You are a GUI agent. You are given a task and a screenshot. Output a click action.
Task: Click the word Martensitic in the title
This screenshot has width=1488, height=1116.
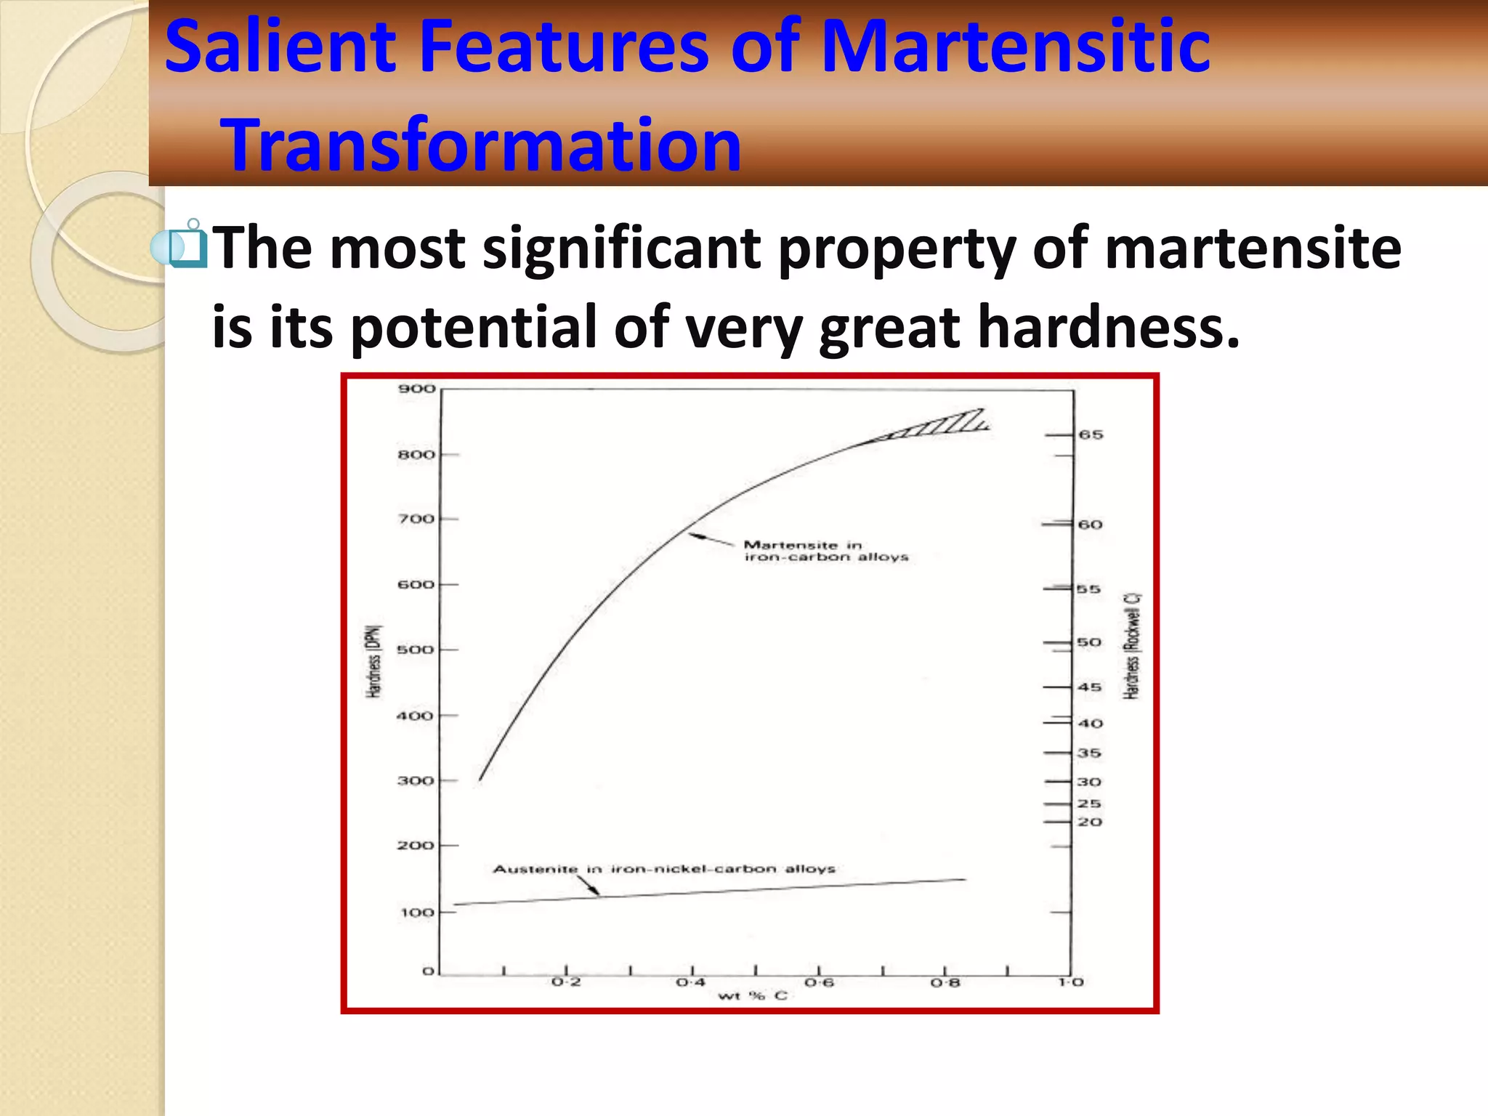[x=1015, y=46]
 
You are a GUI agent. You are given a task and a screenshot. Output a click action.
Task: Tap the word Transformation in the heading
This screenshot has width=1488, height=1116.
[x=481, y=145]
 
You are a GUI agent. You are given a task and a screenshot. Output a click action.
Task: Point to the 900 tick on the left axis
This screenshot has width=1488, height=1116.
[x=416, y=389]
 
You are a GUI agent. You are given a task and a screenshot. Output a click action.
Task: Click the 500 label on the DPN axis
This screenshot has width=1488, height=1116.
[x=415, y=650]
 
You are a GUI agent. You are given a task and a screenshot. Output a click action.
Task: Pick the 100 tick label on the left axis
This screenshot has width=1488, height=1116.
[x=417, y=913]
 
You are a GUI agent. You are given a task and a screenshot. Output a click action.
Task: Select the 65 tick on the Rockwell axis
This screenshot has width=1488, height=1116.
[x=1091, y=434]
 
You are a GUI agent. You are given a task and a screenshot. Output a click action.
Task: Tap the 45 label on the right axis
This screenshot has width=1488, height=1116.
[x=1089, y=687]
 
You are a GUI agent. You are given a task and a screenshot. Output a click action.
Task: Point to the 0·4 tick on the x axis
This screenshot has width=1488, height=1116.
[x=691, y=982]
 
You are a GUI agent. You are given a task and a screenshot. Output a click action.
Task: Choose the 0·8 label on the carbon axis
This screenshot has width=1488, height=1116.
[x=945, y=983]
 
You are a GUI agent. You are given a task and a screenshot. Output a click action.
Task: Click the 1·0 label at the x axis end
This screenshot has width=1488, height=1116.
[x=1071, y=982]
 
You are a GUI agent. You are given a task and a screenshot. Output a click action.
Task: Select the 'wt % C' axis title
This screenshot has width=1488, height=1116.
[x=753, y=995]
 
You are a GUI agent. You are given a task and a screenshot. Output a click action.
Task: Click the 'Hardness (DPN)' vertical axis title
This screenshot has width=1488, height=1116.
[x=373, y=661]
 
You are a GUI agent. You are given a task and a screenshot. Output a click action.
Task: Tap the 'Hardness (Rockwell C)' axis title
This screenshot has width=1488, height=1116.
[x=1132, y=647]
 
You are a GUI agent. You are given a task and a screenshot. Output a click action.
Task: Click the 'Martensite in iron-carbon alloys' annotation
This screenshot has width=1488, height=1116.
[x=825, y=551]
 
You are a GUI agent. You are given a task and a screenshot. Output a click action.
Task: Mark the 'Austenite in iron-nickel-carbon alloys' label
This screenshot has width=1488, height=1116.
[x=664, y=869]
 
